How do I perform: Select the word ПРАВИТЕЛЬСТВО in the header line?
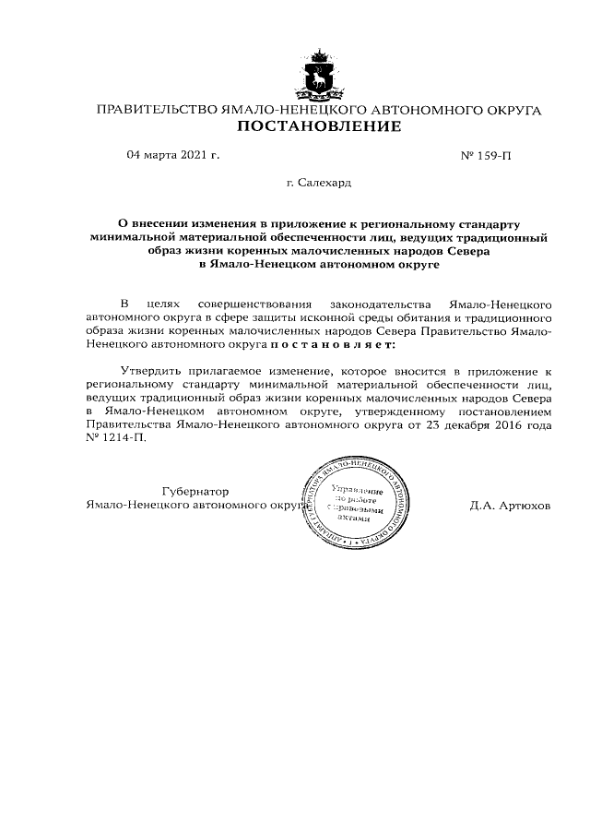(156, 111)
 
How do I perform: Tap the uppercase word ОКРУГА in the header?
(506, 111)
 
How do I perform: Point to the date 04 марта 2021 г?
(172, 155)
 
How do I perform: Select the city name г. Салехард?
(318, 184)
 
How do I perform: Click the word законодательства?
(381, 304)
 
